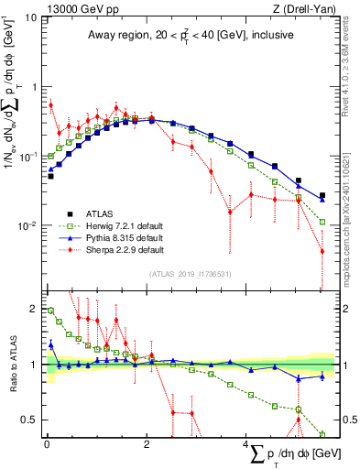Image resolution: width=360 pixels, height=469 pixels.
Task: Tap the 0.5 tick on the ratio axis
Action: (29, 420)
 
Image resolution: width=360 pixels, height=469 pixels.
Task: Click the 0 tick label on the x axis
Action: (47, 446)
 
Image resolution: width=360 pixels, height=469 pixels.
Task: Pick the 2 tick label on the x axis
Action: (147, 446)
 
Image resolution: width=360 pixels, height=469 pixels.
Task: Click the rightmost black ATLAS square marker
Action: (322, 195)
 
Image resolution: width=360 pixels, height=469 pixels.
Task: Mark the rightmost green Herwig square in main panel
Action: (322, 221)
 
